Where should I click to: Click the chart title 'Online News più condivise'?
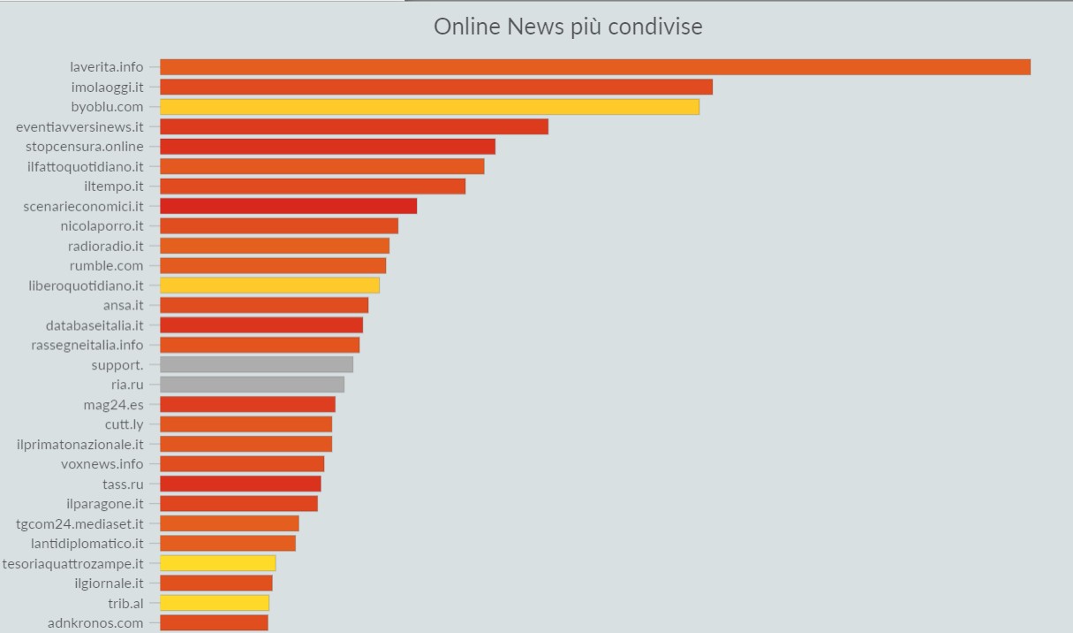[568, 27]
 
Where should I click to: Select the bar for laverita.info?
[594, 67]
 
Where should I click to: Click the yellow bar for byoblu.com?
[429, 107]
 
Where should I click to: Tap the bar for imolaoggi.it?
[435, 87]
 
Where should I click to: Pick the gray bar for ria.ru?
[252, 385]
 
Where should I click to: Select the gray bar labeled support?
[256, 365]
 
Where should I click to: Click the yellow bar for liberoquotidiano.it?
[269, 286]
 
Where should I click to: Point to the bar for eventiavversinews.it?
[353, 126]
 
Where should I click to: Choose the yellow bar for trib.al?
[214, 603]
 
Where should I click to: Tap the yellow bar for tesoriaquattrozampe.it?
[217, 563]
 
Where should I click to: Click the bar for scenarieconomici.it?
[288, 206]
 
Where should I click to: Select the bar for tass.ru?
[240, 484]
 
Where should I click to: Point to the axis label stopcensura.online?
[85, 147]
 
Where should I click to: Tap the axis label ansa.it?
[123, 305]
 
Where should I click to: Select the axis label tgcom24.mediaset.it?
[79, 523]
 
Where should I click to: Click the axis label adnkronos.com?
[95, 623]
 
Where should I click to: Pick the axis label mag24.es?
[113, 405]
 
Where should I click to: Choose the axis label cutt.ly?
[124, 424]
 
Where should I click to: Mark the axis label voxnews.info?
[102, 464]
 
